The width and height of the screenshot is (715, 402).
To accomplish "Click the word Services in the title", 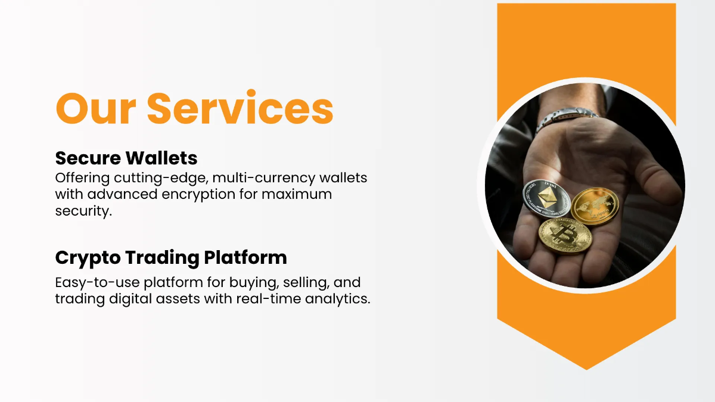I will pos(240,108).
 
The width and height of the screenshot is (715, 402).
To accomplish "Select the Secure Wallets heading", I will pos(126,158).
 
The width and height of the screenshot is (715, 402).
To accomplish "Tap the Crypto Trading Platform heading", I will pos(171,258).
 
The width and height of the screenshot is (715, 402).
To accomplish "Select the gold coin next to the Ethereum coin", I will pos(595,205).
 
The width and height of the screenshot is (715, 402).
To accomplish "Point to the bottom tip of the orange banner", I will pos(586,368).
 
